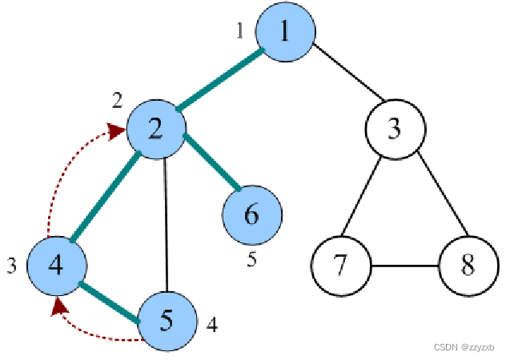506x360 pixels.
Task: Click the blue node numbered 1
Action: [285, 32]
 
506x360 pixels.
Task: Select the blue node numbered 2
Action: [156, 129]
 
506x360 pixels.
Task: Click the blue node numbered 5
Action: [167, 320]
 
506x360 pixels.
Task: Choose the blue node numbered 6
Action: [252, 214]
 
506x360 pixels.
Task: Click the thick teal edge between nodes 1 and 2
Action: [221, 80]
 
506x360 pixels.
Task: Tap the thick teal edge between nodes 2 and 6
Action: [212, 164]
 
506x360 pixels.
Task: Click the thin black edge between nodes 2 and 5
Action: [165, 224]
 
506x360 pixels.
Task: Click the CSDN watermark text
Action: [464, 348]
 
